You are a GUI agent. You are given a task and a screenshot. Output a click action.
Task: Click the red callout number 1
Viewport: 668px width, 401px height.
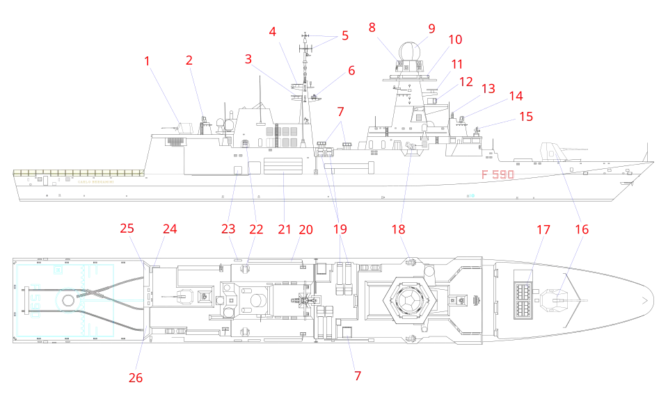tap(147, 62)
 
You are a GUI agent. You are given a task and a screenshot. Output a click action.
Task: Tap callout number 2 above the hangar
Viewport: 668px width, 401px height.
tap(189, 60)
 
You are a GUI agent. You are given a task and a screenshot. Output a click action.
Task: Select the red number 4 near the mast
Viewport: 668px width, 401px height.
tap(273, 32)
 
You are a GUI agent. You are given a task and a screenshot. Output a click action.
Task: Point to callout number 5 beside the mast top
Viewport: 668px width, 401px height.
tap(344, 35)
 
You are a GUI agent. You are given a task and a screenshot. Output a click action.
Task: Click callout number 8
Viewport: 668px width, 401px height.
tap(373, 28)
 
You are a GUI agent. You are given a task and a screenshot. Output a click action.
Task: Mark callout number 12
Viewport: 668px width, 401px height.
tap(466, 81)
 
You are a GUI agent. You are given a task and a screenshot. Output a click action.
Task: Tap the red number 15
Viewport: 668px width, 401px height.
tap(525, 116)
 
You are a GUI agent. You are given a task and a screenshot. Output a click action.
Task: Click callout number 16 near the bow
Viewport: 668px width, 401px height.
tap(582, 229)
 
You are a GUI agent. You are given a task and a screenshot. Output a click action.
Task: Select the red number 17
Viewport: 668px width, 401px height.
tap(542, 229)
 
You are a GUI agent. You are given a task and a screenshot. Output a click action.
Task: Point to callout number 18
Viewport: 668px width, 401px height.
tap(398, 229)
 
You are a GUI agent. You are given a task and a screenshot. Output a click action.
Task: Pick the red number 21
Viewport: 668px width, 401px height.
tap(285, 230)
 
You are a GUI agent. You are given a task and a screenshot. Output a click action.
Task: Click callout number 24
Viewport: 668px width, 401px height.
tap(170, 228)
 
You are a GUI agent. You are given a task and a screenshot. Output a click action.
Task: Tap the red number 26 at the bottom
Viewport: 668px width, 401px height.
tap(136, 377)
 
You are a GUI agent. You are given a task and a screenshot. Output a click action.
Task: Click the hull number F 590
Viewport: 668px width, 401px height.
tap(498, 174)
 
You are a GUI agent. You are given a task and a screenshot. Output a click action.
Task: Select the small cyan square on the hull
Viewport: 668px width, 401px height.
tap(472, 195)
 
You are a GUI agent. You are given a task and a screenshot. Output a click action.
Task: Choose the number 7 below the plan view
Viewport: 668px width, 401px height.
tap(358, 377)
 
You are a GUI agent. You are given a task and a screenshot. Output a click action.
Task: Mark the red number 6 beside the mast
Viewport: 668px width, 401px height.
tap(351, 70)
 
